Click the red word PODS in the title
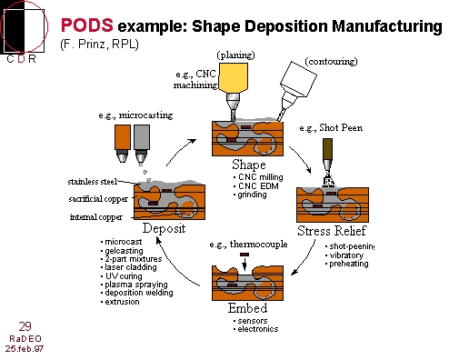point(87,25)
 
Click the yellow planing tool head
point(234,77)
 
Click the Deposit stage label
point(164,228)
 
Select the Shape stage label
point(249,165)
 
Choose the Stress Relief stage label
point(332,231)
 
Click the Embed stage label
point(247,308)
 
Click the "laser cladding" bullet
point(129,267)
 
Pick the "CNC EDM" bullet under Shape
point(256,185)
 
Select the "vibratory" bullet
point(344,255)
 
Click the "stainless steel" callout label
point(93,182)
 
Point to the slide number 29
point(25,326)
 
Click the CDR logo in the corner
point(24,32)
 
